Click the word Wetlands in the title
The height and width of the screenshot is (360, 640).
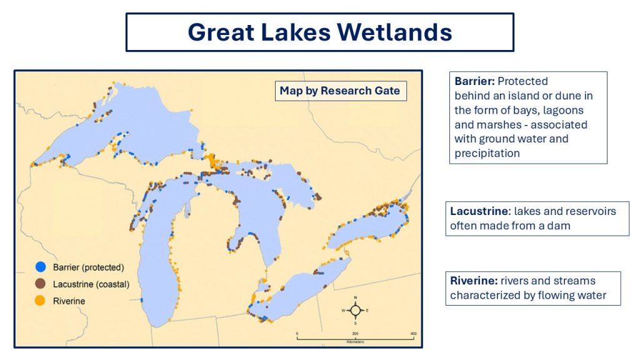394,32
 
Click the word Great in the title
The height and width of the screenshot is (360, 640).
221,32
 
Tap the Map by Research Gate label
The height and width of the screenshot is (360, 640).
340,91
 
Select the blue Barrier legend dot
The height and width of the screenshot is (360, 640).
41,267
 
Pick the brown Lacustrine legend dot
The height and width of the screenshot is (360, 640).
40,284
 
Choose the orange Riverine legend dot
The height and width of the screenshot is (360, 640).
39,301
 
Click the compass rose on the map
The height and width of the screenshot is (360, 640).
356,311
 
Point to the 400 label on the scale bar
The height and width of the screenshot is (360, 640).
414,334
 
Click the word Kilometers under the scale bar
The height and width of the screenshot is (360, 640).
355,342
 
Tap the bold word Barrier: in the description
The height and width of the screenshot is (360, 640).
474,81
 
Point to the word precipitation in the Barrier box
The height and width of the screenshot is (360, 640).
487,154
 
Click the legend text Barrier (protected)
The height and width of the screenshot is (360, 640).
89,267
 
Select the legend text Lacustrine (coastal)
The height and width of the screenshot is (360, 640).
91,284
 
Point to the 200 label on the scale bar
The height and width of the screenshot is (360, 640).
355,334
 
